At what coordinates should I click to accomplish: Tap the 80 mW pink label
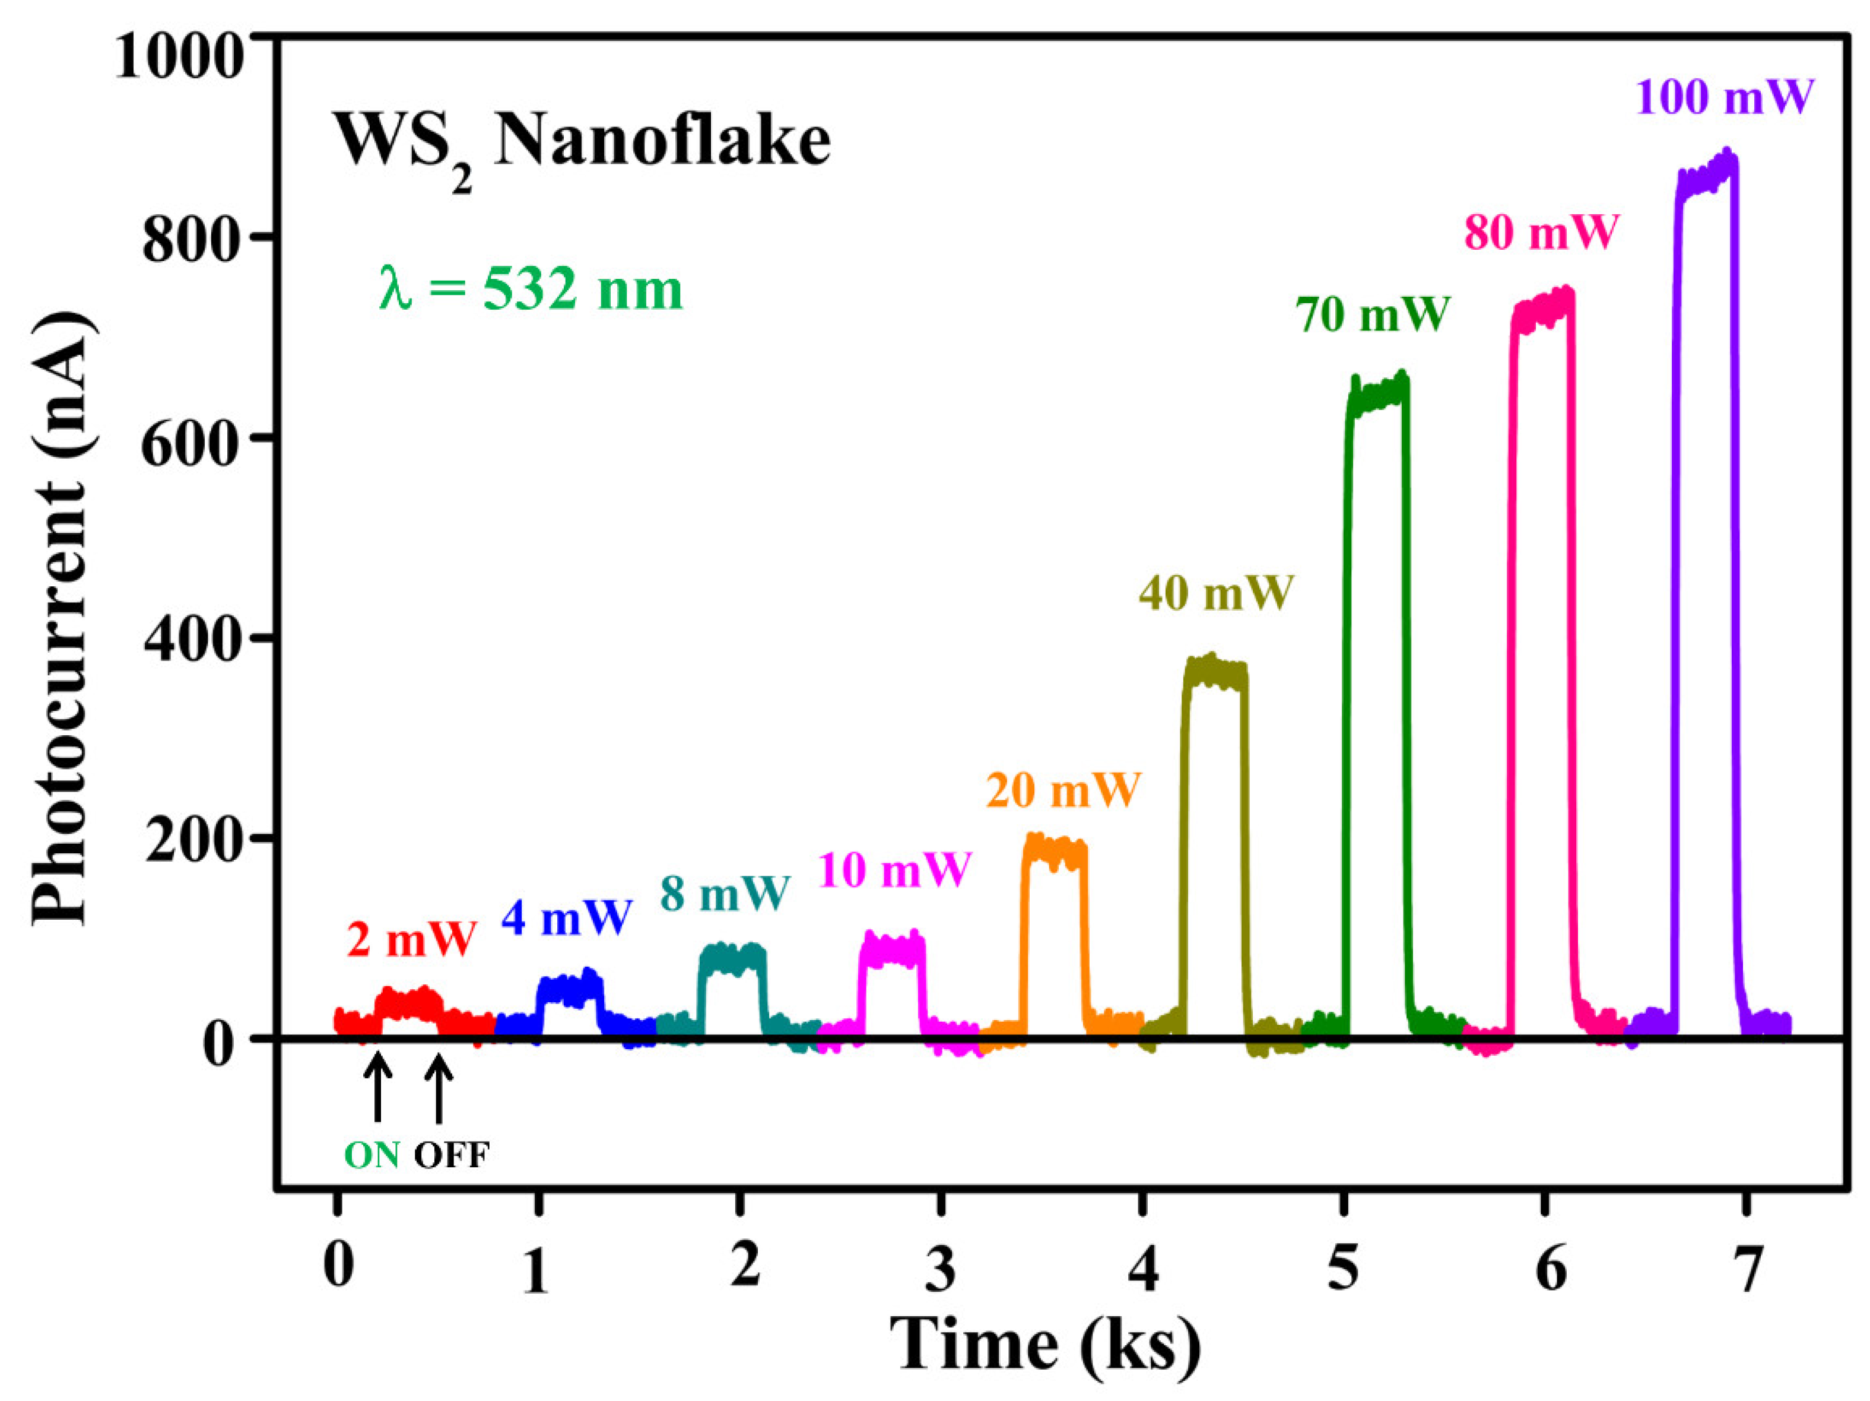pos(1541,233)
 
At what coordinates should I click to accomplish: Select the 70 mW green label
pos(1373,314)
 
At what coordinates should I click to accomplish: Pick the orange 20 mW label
pos(1063,790)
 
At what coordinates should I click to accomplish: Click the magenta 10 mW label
pos(894,869)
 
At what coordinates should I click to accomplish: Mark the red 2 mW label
pos(412,939)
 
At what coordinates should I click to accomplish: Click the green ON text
pos(372,1156)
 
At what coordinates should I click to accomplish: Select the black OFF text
pos(452,1156)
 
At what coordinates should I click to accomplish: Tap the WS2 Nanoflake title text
pos(582,144)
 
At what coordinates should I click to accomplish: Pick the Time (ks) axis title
pos(1045,1345)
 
